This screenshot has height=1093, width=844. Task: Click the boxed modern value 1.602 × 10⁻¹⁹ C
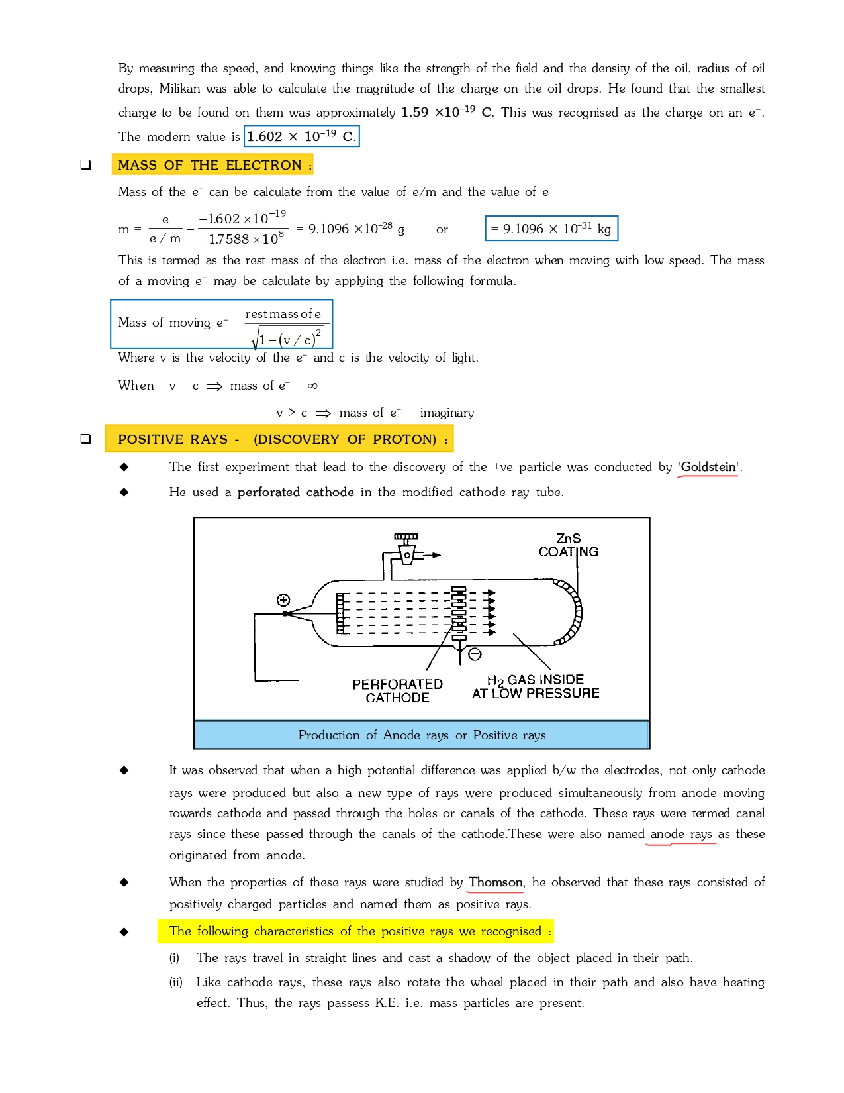click(x=301, y=136)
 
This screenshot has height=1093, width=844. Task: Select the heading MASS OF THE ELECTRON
click(x=212, y=165)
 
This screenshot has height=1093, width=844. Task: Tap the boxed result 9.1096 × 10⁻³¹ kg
click(x=551, y=229)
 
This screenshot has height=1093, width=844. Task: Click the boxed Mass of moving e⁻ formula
click(x=221, y=324)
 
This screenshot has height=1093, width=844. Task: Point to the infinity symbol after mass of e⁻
click(x=312, y=386)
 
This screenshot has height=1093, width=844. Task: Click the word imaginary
click(x=447, y=413)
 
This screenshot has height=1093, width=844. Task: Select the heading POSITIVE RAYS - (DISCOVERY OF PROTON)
click(x=279, y=439)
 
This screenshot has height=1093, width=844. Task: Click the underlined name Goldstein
click(x=708, y=467)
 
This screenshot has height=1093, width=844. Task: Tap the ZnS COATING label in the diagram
click(x=568, y=545)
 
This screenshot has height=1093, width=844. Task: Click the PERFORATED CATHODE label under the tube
click(x=397, y=690)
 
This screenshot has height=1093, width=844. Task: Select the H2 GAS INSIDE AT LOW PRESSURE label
click(x=536, y=686)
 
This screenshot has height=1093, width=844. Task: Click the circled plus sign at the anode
click(x=283, y=600)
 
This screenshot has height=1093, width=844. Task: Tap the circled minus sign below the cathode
click(x=475, y=654)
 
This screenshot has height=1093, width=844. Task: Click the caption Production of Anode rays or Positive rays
click(x=422, y=735)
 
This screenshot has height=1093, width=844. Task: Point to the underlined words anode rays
click(x=681, y=834)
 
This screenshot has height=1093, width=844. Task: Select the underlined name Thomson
click(x=495, y=882)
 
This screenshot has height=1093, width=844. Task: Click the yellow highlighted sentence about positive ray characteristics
click(x=355, y=931)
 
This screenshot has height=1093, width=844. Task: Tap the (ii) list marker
click(x=175, y=982)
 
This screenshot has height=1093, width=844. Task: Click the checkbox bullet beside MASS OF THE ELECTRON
click(x=85, y=164)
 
